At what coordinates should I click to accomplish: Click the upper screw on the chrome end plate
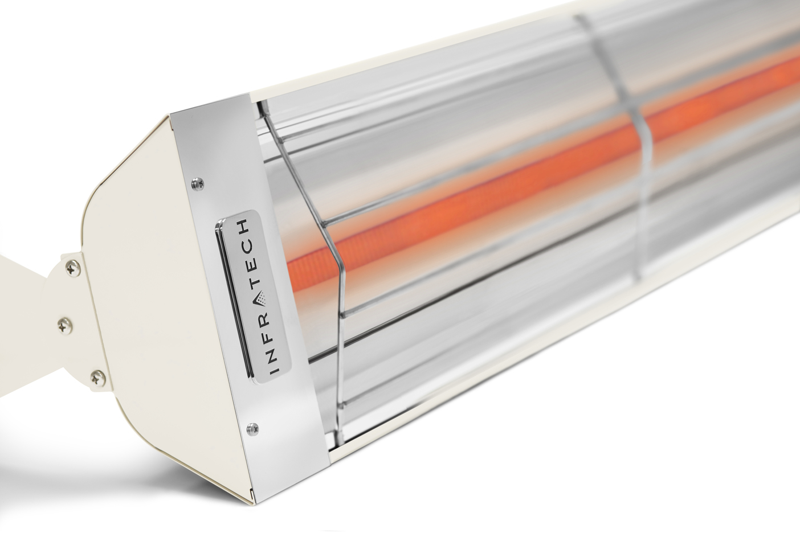pyautogui.click(x=197, y=183)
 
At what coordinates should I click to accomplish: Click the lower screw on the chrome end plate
pyautogui.click(x=252, y=429)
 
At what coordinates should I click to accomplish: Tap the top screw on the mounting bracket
pyautogui.click(x=73, y=268)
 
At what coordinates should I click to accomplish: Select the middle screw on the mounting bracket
pyautogui.click(x=65, y=325)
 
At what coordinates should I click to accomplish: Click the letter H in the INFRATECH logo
pyautogui.click(x=243, y=227)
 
